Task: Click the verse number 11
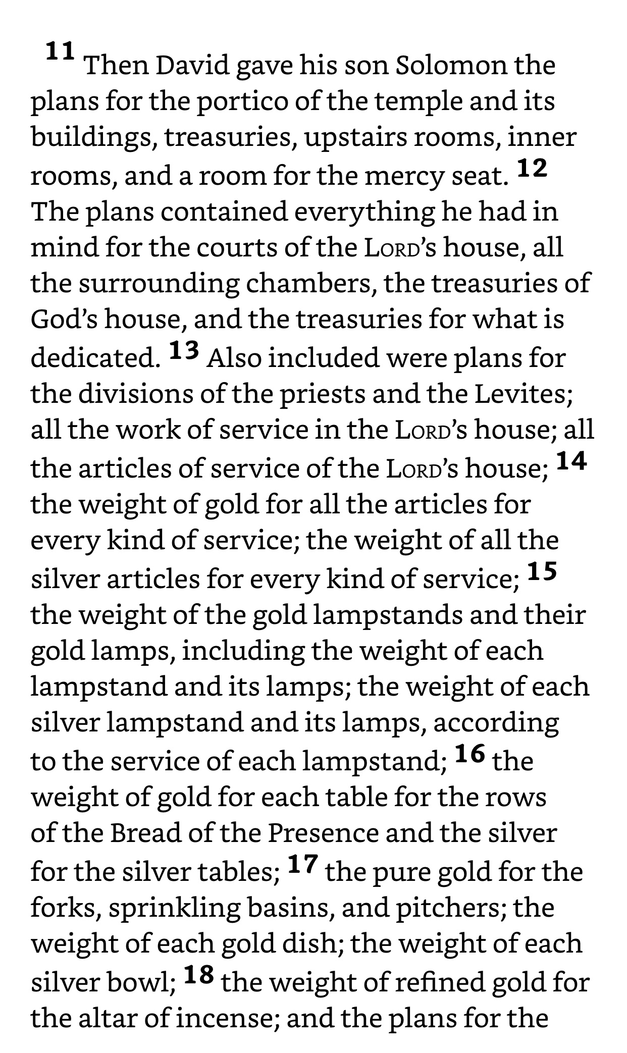(61, 52)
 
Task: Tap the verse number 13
(184, 350)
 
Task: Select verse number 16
(469, 754)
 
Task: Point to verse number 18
(198, 975)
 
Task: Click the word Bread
(145, 833)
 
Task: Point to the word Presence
(323, 833)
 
